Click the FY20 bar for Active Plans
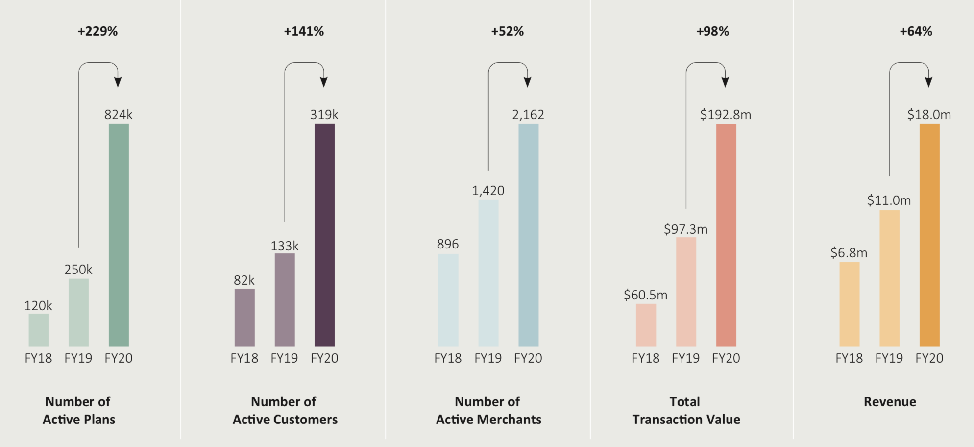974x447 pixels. point(119,235)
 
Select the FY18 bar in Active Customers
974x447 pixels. point(244,318)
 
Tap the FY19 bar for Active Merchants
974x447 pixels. point(488,273)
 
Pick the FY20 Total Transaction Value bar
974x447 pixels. point(726,235)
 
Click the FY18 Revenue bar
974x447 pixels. point(849,304)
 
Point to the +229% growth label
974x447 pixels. point(97,31)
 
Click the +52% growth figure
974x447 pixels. point(508,31)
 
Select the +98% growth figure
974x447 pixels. point(713,31)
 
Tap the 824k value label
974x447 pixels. point(119,115)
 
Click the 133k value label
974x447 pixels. point(285,246)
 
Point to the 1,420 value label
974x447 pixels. point(488,191)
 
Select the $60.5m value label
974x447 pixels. point(645,295)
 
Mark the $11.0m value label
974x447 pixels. point(889,200)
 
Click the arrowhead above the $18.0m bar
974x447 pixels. point(928,82)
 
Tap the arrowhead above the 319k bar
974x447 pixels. point(324,82)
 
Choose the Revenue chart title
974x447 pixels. point(890,402)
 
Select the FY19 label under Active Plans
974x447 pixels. point(78,358)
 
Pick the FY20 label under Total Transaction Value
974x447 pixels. point(726,358)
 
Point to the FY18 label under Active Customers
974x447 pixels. point(244,358)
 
